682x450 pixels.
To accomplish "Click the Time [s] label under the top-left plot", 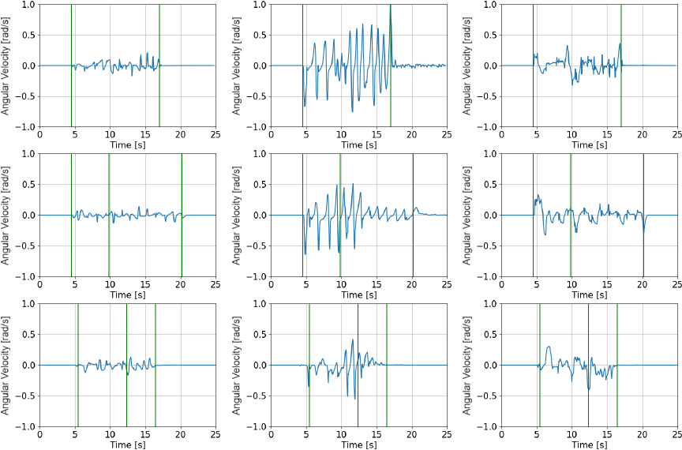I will [127, 145].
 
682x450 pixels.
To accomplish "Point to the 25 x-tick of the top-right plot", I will [677, 135].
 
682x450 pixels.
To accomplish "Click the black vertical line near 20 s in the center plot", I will [412, 215].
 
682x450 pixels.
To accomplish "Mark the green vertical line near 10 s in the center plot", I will [340, 215].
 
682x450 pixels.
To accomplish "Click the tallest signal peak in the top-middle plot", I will [390, 8].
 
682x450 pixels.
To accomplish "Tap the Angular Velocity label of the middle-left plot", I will [6, 215].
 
